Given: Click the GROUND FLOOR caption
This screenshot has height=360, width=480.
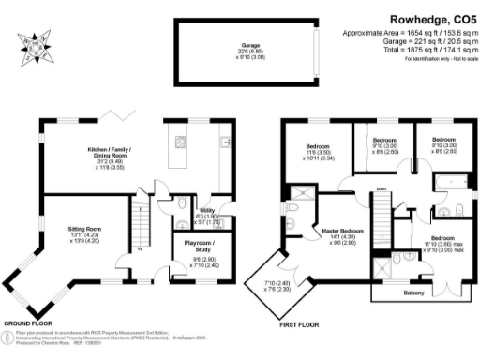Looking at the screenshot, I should pos(33,324).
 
